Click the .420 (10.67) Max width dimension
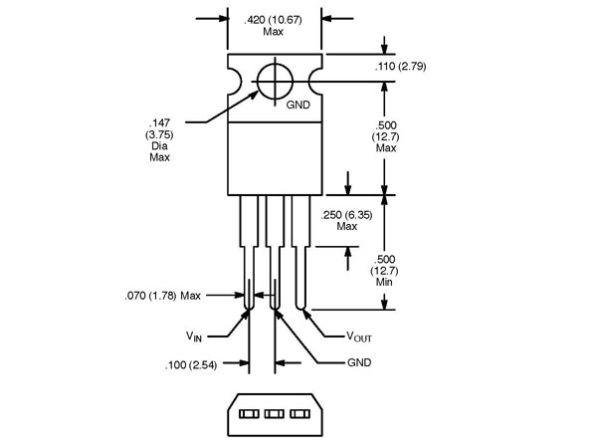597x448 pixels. pyautogui.click(x=274, y=24)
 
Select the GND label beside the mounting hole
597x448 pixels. pyautogui.click(x=298, y=105)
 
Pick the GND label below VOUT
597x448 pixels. pyautogui.click(x=359, y=362)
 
